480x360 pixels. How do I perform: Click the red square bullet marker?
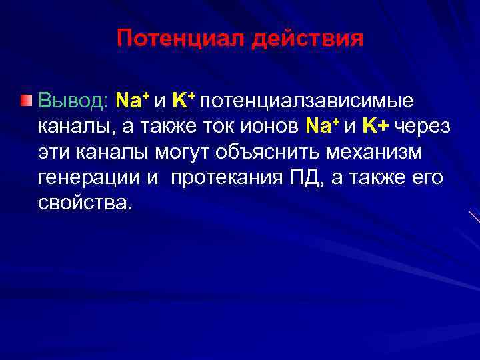pyautogui.click(x=25, y=101)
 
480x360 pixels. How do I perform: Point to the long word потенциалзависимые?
pyautogui.click(x=306, y=101)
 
